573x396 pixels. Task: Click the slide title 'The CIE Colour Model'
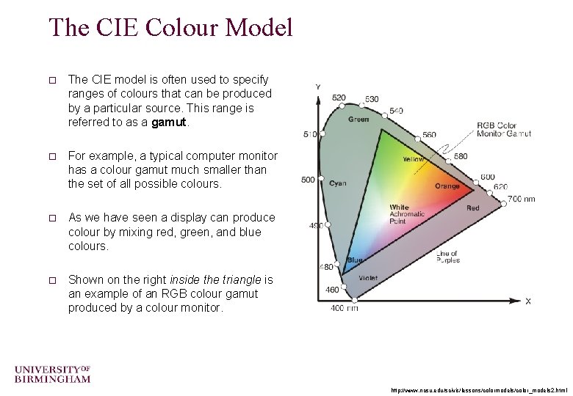pos(170,28)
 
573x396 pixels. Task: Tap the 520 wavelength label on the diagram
pos(339,98)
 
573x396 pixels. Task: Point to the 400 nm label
pos(344,308)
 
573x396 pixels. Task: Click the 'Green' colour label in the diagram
pos(358,119)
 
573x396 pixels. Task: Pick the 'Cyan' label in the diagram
pos(338,183)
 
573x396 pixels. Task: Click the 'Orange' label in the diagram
pos(447,186)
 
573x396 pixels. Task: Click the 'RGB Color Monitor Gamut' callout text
pos(503,129)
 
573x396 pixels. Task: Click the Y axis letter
pos(317,87)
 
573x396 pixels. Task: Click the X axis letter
pos(527,301)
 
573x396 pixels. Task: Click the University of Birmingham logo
pos(52,373)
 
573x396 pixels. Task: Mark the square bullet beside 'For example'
pos(52,156)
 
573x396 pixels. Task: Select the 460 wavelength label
pos(332,290)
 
